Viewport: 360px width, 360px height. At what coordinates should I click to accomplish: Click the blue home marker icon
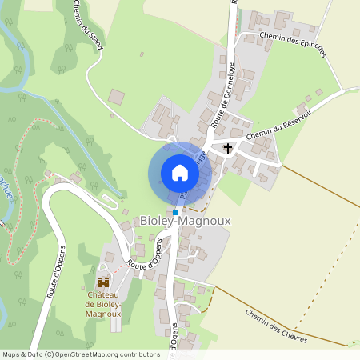click(179, 173)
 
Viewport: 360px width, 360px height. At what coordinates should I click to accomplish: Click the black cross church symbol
click(228, 148)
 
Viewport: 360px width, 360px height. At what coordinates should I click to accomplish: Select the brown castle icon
click(103, 282)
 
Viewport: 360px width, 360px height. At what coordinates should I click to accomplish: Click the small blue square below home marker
click(175, 212)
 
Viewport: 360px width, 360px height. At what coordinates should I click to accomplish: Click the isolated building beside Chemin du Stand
click(117, 97)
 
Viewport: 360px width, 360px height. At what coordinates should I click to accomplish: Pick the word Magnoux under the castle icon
click(103, 314)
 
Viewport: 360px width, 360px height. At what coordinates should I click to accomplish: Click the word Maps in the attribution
click(11, 354)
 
